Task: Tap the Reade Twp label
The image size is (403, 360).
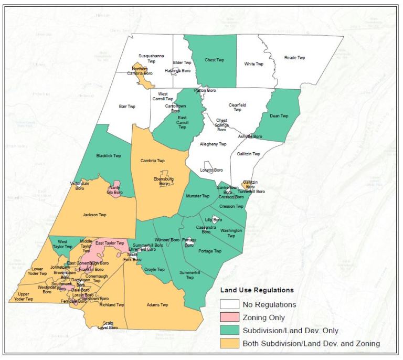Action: coord(294,58)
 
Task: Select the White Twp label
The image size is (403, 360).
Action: coord(254,64)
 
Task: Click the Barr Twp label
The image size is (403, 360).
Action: coord(127,107)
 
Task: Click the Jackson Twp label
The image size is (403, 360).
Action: coord(94,215)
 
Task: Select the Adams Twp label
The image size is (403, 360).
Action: coord(157,304)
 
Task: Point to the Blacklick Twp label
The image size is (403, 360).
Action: coord(109,156)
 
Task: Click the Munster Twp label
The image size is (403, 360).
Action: coord(197,196)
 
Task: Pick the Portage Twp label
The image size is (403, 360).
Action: coord(210,251)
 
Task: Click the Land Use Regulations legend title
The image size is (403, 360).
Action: coord(257,290)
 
